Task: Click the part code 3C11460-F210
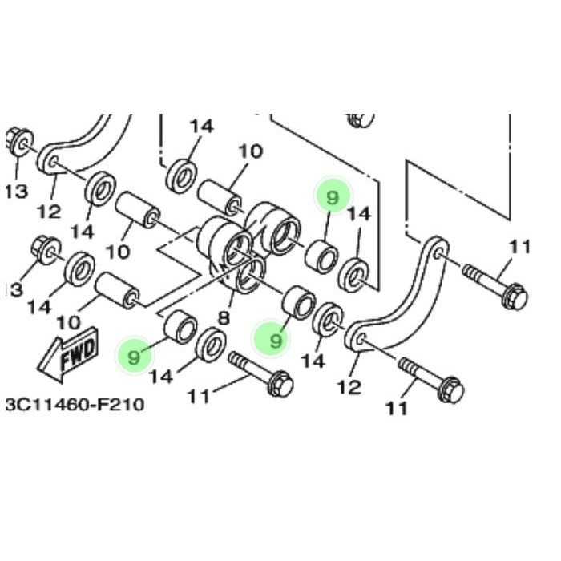point(75,404)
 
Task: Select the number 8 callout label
point(224,317)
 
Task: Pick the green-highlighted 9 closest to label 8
point(276,341)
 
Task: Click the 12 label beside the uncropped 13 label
point(49,212)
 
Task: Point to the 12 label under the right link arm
point(349,388)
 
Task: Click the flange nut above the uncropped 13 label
point(18,141)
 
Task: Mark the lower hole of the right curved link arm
point(360,340)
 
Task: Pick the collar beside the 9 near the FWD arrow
point(180,329)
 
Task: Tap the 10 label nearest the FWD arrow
point(68,322)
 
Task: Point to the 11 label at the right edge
point(520,247)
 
